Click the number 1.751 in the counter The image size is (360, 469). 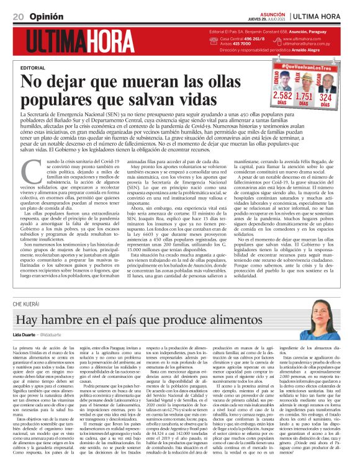click(x=304, y=96)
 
